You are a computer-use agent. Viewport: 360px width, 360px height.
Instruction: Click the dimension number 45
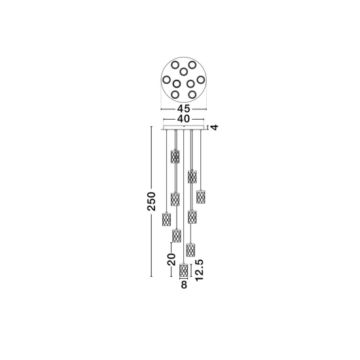point(184,109)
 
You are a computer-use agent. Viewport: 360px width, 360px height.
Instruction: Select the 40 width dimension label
point(184,119)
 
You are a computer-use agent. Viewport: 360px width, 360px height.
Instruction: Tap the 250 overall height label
point(152,202)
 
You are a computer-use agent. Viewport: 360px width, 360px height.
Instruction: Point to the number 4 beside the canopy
point(215,127)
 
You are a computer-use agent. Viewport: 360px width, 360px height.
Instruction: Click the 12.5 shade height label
point(199,270)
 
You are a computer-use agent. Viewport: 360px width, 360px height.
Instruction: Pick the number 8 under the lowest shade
point(184,285)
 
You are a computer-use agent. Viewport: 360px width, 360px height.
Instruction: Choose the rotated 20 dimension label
point(171,259)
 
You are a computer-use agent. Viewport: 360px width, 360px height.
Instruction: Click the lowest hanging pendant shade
point(183,270)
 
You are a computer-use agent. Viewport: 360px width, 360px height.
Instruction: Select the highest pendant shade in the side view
point(175,156)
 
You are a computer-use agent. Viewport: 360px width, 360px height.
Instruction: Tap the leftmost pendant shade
point(166,219)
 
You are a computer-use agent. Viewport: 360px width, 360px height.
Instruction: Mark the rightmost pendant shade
point(201,196)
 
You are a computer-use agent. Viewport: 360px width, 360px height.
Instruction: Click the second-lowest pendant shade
point(190,250)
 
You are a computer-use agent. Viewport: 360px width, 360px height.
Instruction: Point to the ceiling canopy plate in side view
point(183,128)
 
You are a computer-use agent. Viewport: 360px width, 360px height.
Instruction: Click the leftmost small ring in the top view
point(166,80)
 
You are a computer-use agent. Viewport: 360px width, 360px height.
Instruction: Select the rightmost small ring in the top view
point(201,80)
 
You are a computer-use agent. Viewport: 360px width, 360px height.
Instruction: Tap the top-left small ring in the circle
point(175,65)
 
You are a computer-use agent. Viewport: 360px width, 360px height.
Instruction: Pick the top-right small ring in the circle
point(192,65)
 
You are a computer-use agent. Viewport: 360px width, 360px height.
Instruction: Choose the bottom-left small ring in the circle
point(175,94)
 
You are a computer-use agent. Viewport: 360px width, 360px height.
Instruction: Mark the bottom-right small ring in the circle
point(192,94)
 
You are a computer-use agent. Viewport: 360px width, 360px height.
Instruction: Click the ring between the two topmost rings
point(183,72)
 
